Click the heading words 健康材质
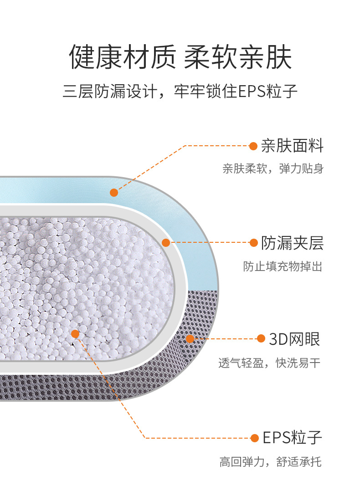point(122,57)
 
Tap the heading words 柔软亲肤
point(237,57)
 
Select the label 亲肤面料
point(292,146)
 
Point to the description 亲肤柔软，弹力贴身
point(273,169)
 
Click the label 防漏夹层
point(292,243)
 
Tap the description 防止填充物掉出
point(283,266)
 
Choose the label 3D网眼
point(294,339)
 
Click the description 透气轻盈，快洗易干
point(269,363)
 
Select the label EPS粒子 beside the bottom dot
point(292,438)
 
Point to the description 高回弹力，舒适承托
point(270,462)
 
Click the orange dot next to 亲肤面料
point(253,146)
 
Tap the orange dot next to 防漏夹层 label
point(254,243)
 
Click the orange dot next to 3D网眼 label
point(261,338)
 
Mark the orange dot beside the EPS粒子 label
point(254,438)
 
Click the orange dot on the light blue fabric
point(114,193)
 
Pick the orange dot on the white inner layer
point(166,243)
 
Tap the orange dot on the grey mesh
point(190,338)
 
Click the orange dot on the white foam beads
point(75,334)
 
